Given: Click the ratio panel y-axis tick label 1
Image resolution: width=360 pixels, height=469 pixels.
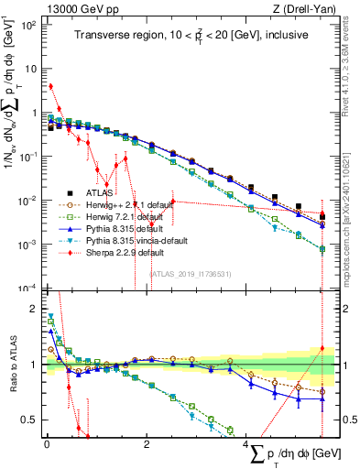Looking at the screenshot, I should [34, 365].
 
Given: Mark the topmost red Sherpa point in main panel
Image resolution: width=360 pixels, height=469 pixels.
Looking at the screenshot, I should [50, 86].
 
